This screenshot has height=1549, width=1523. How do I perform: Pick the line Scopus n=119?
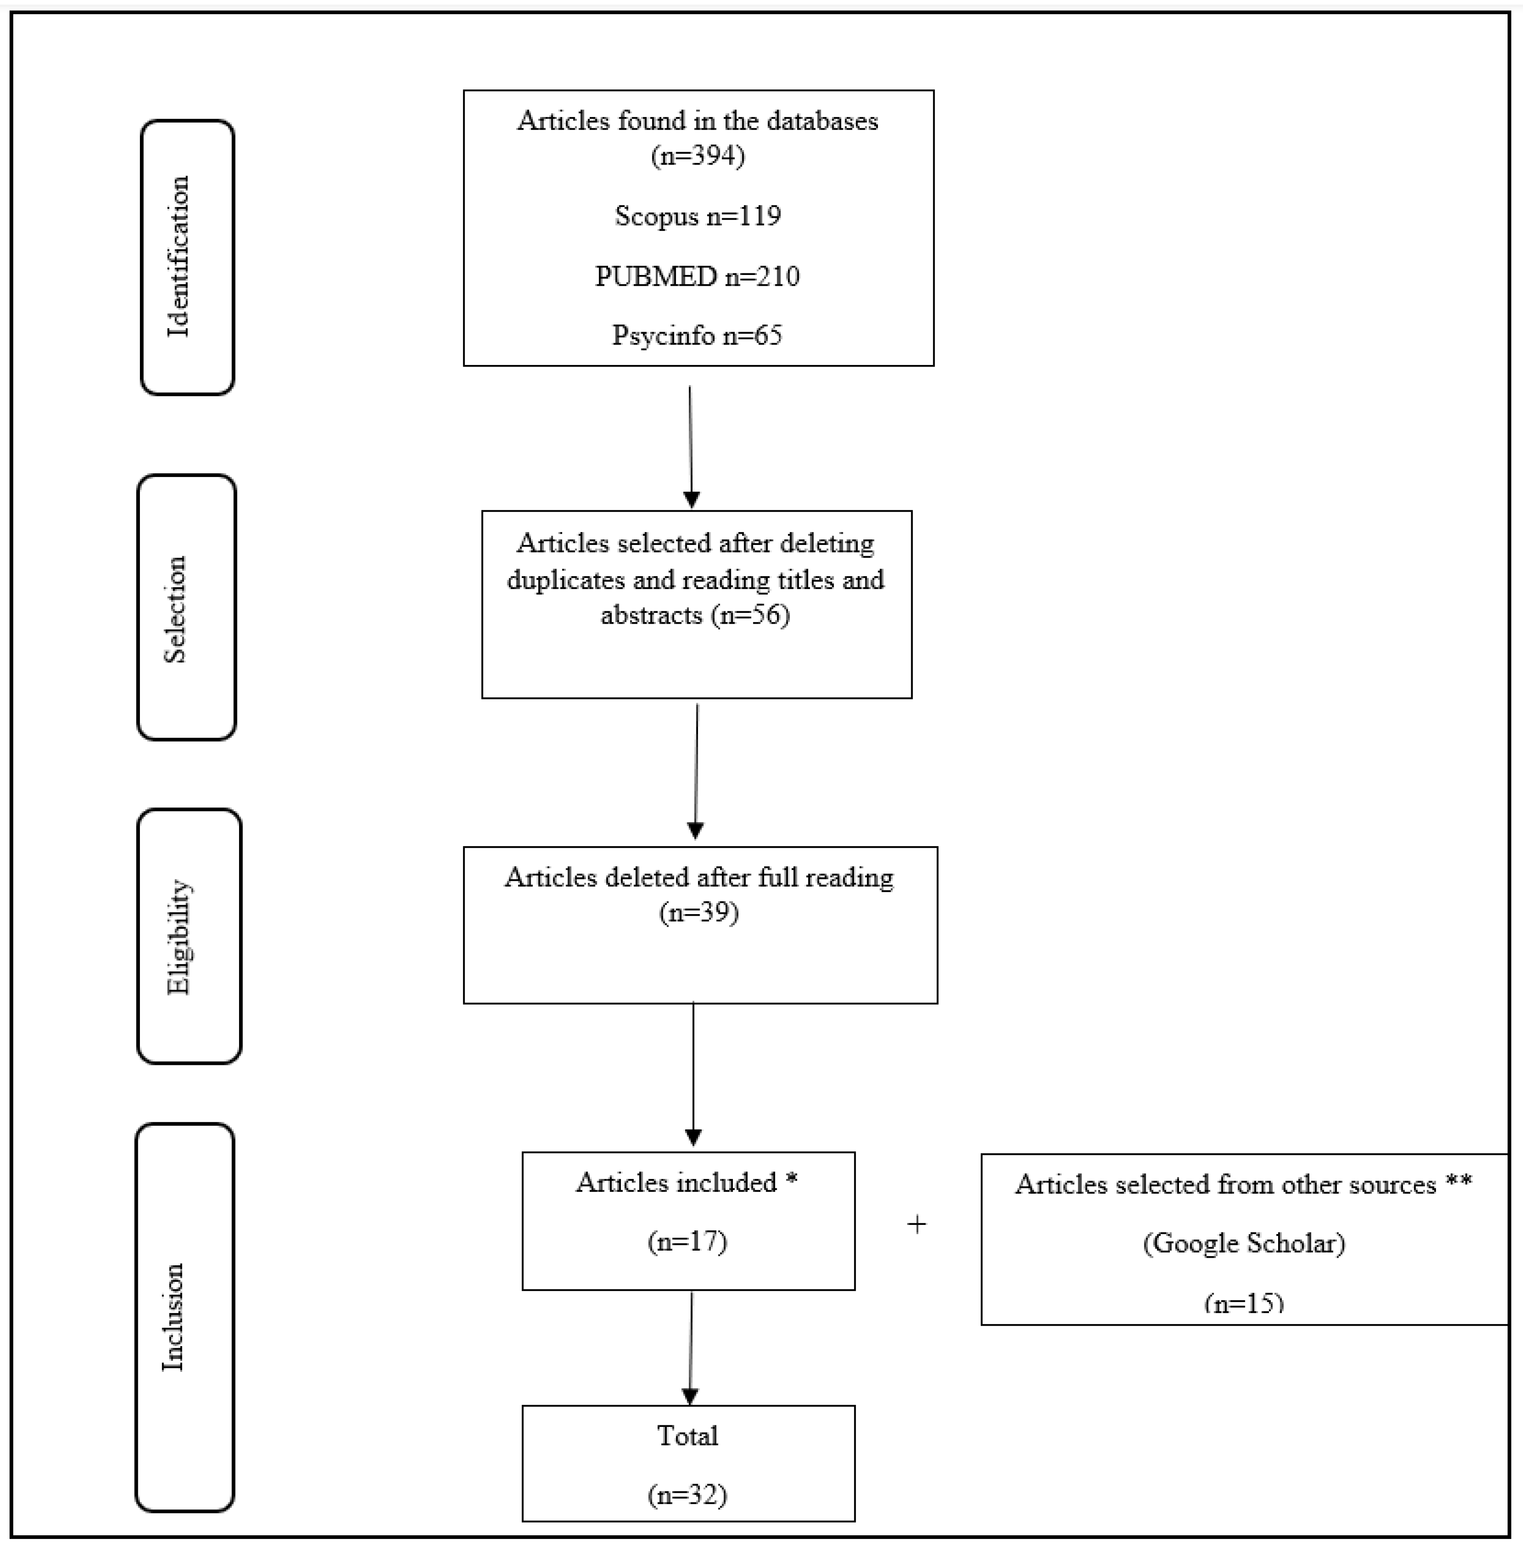point(698,215)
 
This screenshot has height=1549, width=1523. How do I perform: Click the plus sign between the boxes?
point(917,1224)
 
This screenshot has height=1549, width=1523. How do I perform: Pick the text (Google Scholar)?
point(1244,1242)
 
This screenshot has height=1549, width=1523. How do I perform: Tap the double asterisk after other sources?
point(1459,1183)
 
